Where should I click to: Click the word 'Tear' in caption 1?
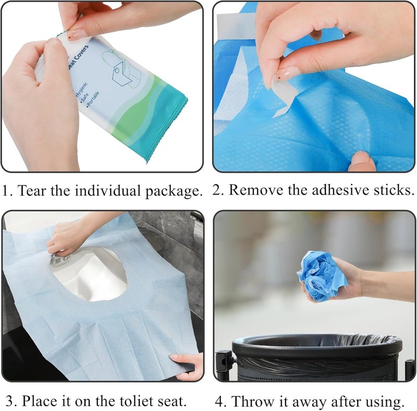pos(32,191)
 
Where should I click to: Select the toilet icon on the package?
pos(121,67)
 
